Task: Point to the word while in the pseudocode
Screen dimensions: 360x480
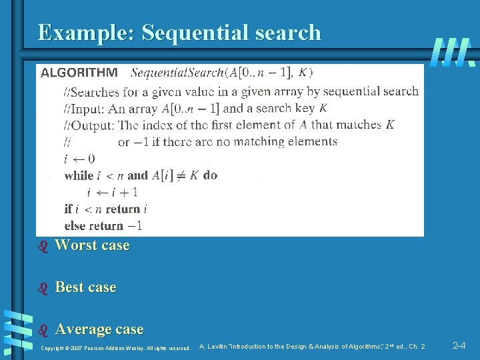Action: pos(79,175)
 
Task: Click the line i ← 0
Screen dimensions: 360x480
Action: pos(79,159)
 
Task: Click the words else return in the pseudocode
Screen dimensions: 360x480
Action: pos(94,225)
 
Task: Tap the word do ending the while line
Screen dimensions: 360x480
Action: pos(210,175)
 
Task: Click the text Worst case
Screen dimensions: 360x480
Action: pos(92,245)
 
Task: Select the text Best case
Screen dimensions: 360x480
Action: pos(85,287)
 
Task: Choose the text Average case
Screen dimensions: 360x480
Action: pos(99,329)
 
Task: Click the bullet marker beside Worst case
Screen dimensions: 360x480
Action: pos(44,246)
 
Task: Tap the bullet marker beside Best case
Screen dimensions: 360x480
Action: pos(44,288)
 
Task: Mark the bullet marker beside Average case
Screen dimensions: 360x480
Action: pos(44,330)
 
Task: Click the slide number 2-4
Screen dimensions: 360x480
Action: pos(459,346)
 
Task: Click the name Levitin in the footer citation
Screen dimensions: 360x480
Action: pos(218,347)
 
